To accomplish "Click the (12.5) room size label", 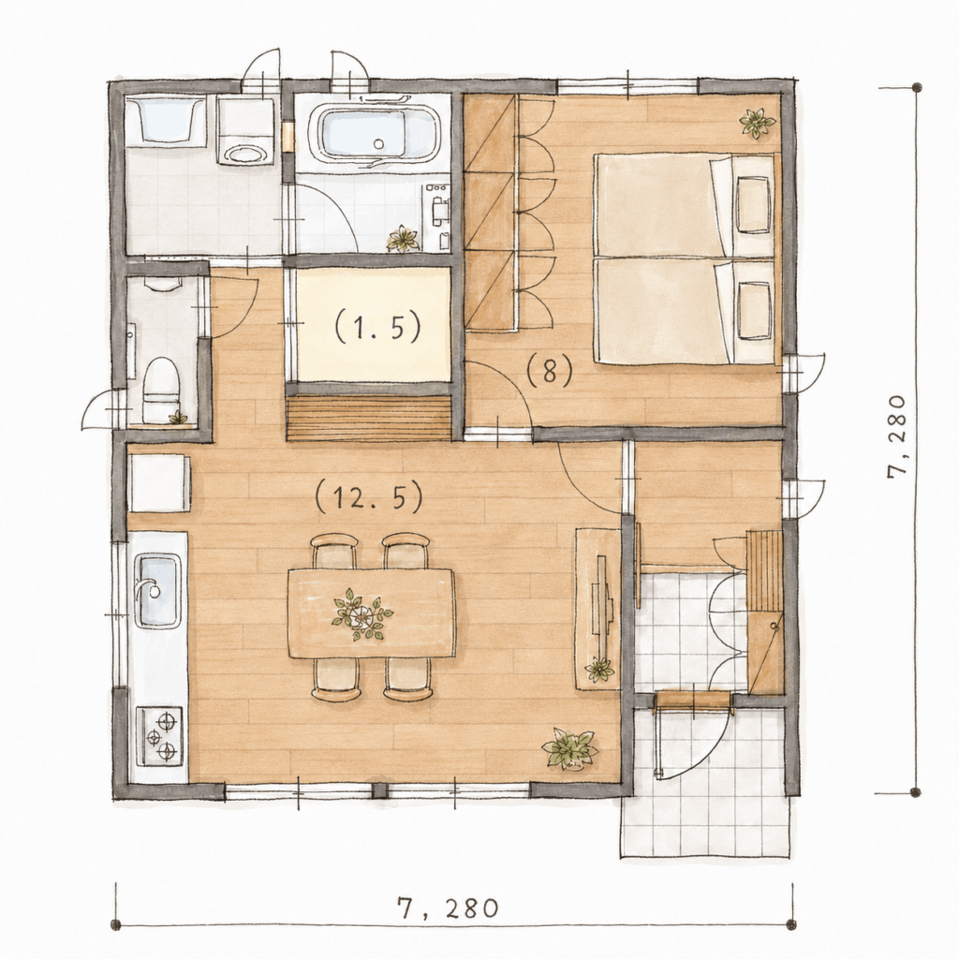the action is pos(369,496).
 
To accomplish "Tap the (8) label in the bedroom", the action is pos(549,371).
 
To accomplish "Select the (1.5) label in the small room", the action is pos(377,326).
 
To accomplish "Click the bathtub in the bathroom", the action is pos(372,136).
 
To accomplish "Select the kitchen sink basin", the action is pos(157,591).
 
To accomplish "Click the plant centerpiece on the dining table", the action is pos(361,614).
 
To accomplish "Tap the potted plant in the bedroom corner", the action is pos(757,123).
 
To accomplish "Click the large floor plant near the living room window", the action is pos(568,748).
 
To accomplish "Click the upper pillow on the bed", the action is pos(753,204).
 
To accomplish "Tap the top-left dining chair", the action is pos(334,551).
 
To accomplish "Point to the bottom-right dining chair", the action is pos(408,679).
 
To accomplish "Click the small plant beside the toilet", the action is pos(178,418).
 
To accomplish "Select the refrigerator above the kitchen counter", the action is pos(158,482).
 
